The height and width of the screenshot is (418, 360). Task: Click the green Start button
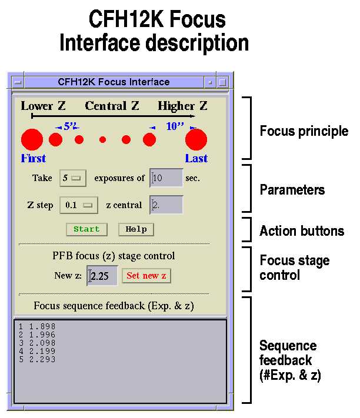(86, 229)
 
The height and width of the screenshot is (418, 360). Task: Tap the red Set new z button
(146, 276)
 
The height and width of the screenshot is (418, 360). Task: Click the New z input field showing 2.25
(102, 276)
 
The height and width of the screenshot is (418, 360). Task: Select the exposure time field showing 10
(166, 178)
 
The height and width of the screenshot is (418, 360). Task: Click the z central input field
(166, 205)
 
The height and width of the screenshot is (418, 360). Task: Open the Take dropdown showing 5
(73, 178)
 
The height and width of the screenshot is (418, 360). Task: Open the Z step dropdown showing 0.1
(79, 205)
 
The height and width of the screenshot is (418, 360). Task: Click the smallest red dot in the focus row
(103, 139)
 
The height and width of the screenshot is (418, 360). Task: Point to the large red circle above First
(32, 139)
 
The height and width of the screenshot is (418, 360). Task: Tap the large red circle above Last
(196, 139)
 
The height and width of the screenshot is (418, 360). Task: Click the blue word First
(34, 158)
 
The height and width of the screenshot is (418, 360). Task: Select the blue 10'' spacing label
(175, 126)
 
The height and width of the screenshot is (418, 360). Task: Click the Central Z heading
(112, 106)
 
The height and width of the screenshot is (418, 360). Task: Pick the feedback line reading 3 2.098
(37, 343)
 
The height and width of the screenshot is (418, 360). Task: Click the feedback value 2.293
(42, 359)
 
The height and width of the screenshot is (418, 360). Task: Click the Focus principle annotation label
(304, 131)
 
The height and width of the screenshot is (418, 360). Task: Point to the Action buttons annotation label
(302, 231)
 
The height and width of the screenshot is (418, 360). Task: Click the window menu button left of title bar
(18, 82)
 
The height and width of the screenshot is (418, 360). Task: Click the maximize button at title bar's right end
(222, 82)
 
